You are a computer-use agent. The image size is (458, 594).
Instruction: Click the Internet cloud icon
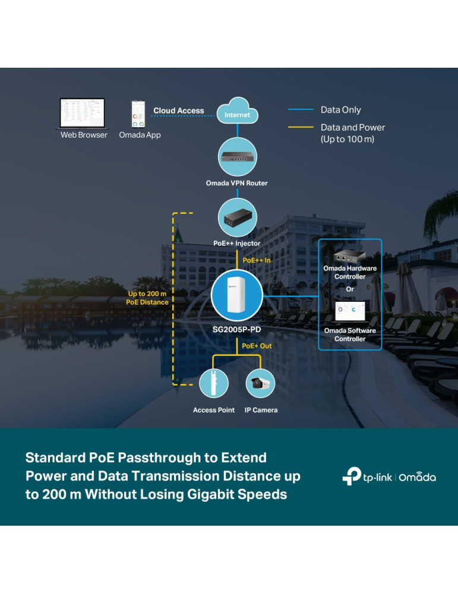pyautogui.click(x=237, y=111)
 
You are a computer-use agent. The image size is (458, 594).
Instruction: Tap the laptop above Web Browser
pyautogui.click(x=82, y=113)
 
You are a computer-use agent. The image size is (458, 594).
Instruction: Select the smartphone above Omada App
pyautogui.click(x=138, y=114)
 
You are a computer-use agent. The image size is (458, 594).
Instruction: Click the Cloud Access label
pyautogui.click(x=178, y=110)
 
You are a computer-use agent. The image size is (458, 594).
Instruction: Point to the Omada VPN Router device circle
pyautogui.click(x=236, y=157)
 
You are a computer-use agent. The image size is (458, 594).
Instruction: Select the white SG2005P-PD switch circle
pyautogui.click(x=236, y=295)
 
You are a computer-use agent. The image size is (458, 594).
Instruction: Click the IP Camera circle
pyautogui.click(x=260, y=383)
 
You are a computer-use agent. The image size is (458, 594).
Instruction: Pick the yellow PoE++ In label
pyautogui.click(x=257, y=260)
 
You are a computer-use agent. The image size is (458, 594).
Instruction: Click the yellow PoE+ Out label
pyautogui.click(x=257, y=346)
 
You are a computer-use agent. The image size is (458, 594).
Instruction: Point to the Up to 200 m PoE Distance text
pyautogui.click(x=147, y=298)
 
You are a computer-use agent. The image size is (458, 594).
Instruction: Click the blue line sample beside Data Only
pyautogui.click(x=301, y=110)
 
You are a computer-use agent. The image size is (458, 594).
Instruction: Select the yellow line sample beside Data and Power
pyautogui.click(x=301, y=127)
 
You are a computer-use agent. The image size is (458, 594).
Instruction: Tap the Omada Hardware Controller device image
pyautogui.click(x=349, y=256)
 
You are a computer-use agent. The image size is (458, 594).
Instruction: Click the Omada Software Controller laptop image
pyautogui.click(x=349, y=312)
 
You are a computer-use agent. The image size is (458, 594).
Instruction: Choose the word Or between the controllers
pyautogui.click(x=350, y=289)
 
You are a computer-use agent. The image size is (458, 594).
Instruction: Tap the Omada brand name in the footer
pyautogui.click(x=417, y=477)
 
